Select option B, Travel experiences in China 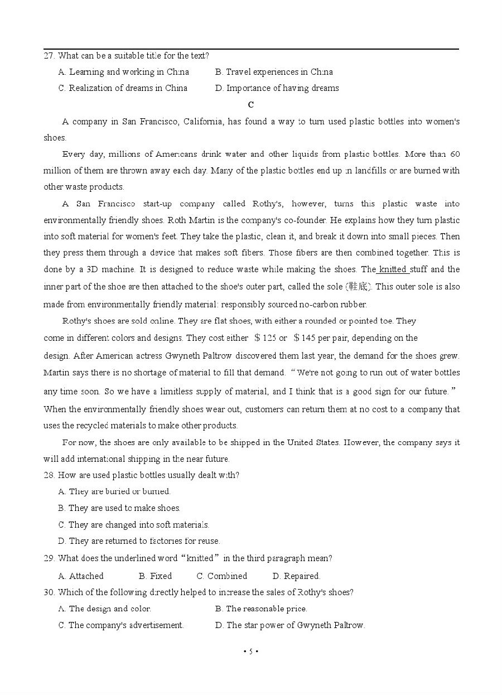274,72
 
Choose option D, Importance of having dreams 277,88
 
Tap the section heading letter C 251,105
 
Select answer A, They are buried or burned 114,491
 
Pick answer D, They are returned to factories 139,541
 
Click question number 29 49,558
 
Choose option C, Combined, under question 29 221,576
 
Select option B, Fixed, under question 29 155,576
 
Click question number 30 49,592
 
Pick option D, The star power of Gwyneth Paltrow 290,625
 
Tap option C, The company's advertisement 120,625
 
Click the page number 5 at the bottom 251,651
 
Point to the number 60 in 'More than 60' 455,155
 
